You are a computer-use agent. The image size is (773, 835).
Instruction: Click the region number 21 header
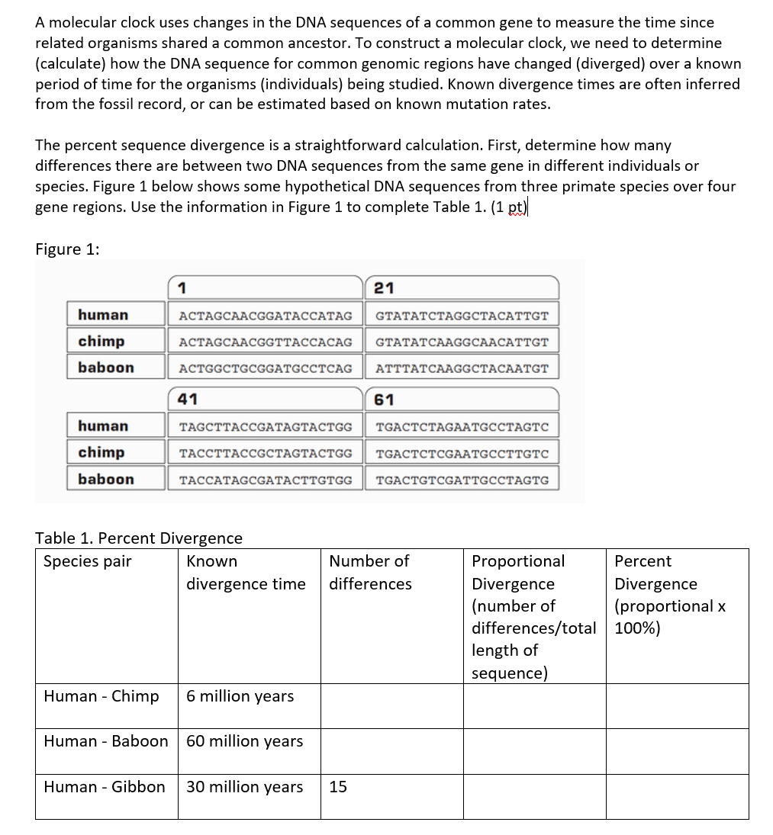pyautogui.click(x=385, y=287)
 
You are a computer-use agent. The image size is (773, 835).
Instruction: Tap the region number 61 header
pyautogui.click(x=385, y=399)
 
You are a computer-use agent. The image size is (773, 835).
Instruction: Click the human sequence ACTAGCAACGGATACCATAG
pyautogui.click(x=265, y=315)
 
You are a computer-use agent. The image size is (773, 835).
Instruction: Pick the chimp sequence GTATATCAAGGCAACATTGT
pyautogui.click(x=462, y=342)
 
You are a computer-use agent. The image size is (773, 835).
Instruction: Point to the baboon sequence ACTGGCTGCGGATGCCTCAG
pyautogui.click(x=265, y=368)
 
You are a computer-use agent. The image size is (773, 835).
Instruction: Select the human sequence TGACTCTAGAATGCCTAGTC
pyautogui.click(x=462, y=426)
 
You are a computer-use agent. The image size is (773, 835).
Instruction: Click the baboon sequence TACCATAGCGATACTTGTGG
pyautogui.click(x=265, y=480)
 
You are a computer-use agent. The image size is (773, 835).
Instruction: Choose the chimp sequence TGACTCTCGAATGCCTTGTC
pyautogui.click(x=462, y=453)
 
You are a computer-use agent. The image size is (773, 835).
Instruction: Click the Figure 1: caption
pyautogui.click(x=67, y=249)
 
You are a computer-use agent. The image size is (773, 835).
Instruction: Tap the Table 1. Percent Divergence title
pyautogui.click(x=139, y=538)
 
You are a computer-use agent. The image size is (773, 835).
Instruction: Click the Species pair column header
pyautogui.click(x=87, y=561)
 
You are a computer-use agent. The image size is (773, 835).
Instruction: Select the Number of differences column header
pyautogui.click(x=370, y=572)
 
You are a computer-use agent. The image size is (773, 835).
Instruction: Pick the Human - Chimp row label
pyautogui.click(x=101, y=696)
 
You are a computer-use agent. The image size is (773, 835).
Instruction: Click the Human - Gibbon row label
pyautogui.click(x=104, y=787)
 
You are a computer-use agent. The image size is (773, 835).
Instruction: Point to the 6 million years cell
pyautogui.click(x=240, y=696)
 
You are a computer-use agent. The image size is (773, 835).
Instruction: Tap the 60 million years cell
pyautogui.click(x=244, y=741)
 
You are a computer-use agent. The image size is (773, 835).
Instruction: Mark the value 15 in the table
pyautogui.click(x=338, y=787)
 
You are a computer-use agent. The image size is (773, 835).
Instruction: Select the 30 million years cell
pyautogui.click(x=244, y=787)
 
